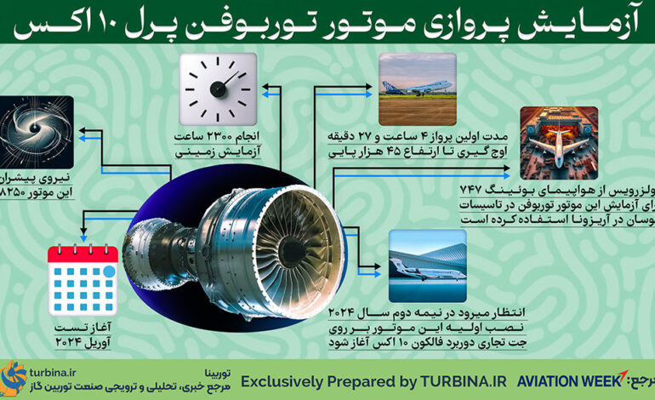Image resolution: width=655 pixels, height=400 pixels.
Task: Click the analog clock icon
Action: (219, 88)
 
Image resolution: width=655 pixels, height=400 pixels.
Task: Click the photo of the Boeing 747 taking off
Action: (418, 88)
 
